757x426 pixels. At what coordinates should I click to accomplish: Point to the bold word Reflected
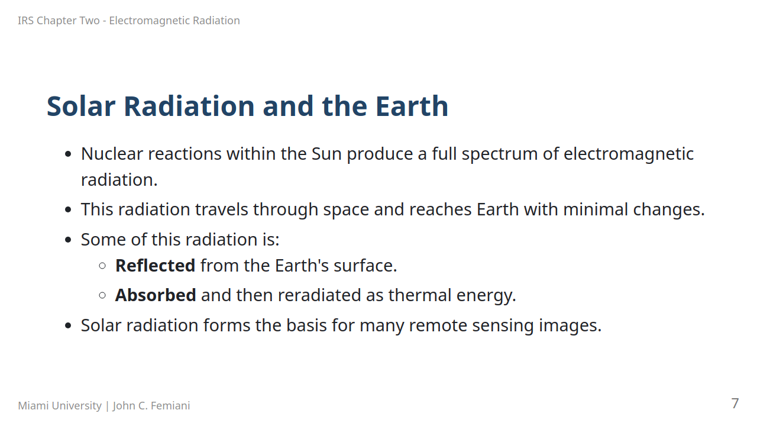click(x=155, y=266)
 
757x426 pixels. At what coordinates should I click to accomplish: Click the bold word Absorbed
click(x=156, y=295)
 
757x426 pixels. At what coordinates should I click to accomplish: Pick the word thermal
click(x=420, y=295)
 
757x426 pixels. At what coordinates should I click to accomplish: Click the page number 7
click(x=735, y=404)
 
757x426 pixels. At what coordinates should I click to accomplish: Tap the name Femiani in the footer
click(x=170, y=406)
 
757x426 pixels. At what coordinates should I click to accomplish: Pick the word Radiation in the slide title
click(x=189, y=106)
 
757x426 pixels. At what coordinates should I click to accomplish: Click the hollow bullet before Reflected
click(x=102, y=266)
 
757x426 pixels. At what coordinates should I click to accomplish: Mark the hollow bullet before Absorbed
click(x=102, y=295)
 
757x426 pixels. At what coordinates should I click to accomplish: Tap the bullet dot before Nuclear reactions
click(x=68, y=154)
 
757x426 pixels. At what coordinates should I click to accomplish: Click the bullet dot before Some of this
click(x=68, y=240)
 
